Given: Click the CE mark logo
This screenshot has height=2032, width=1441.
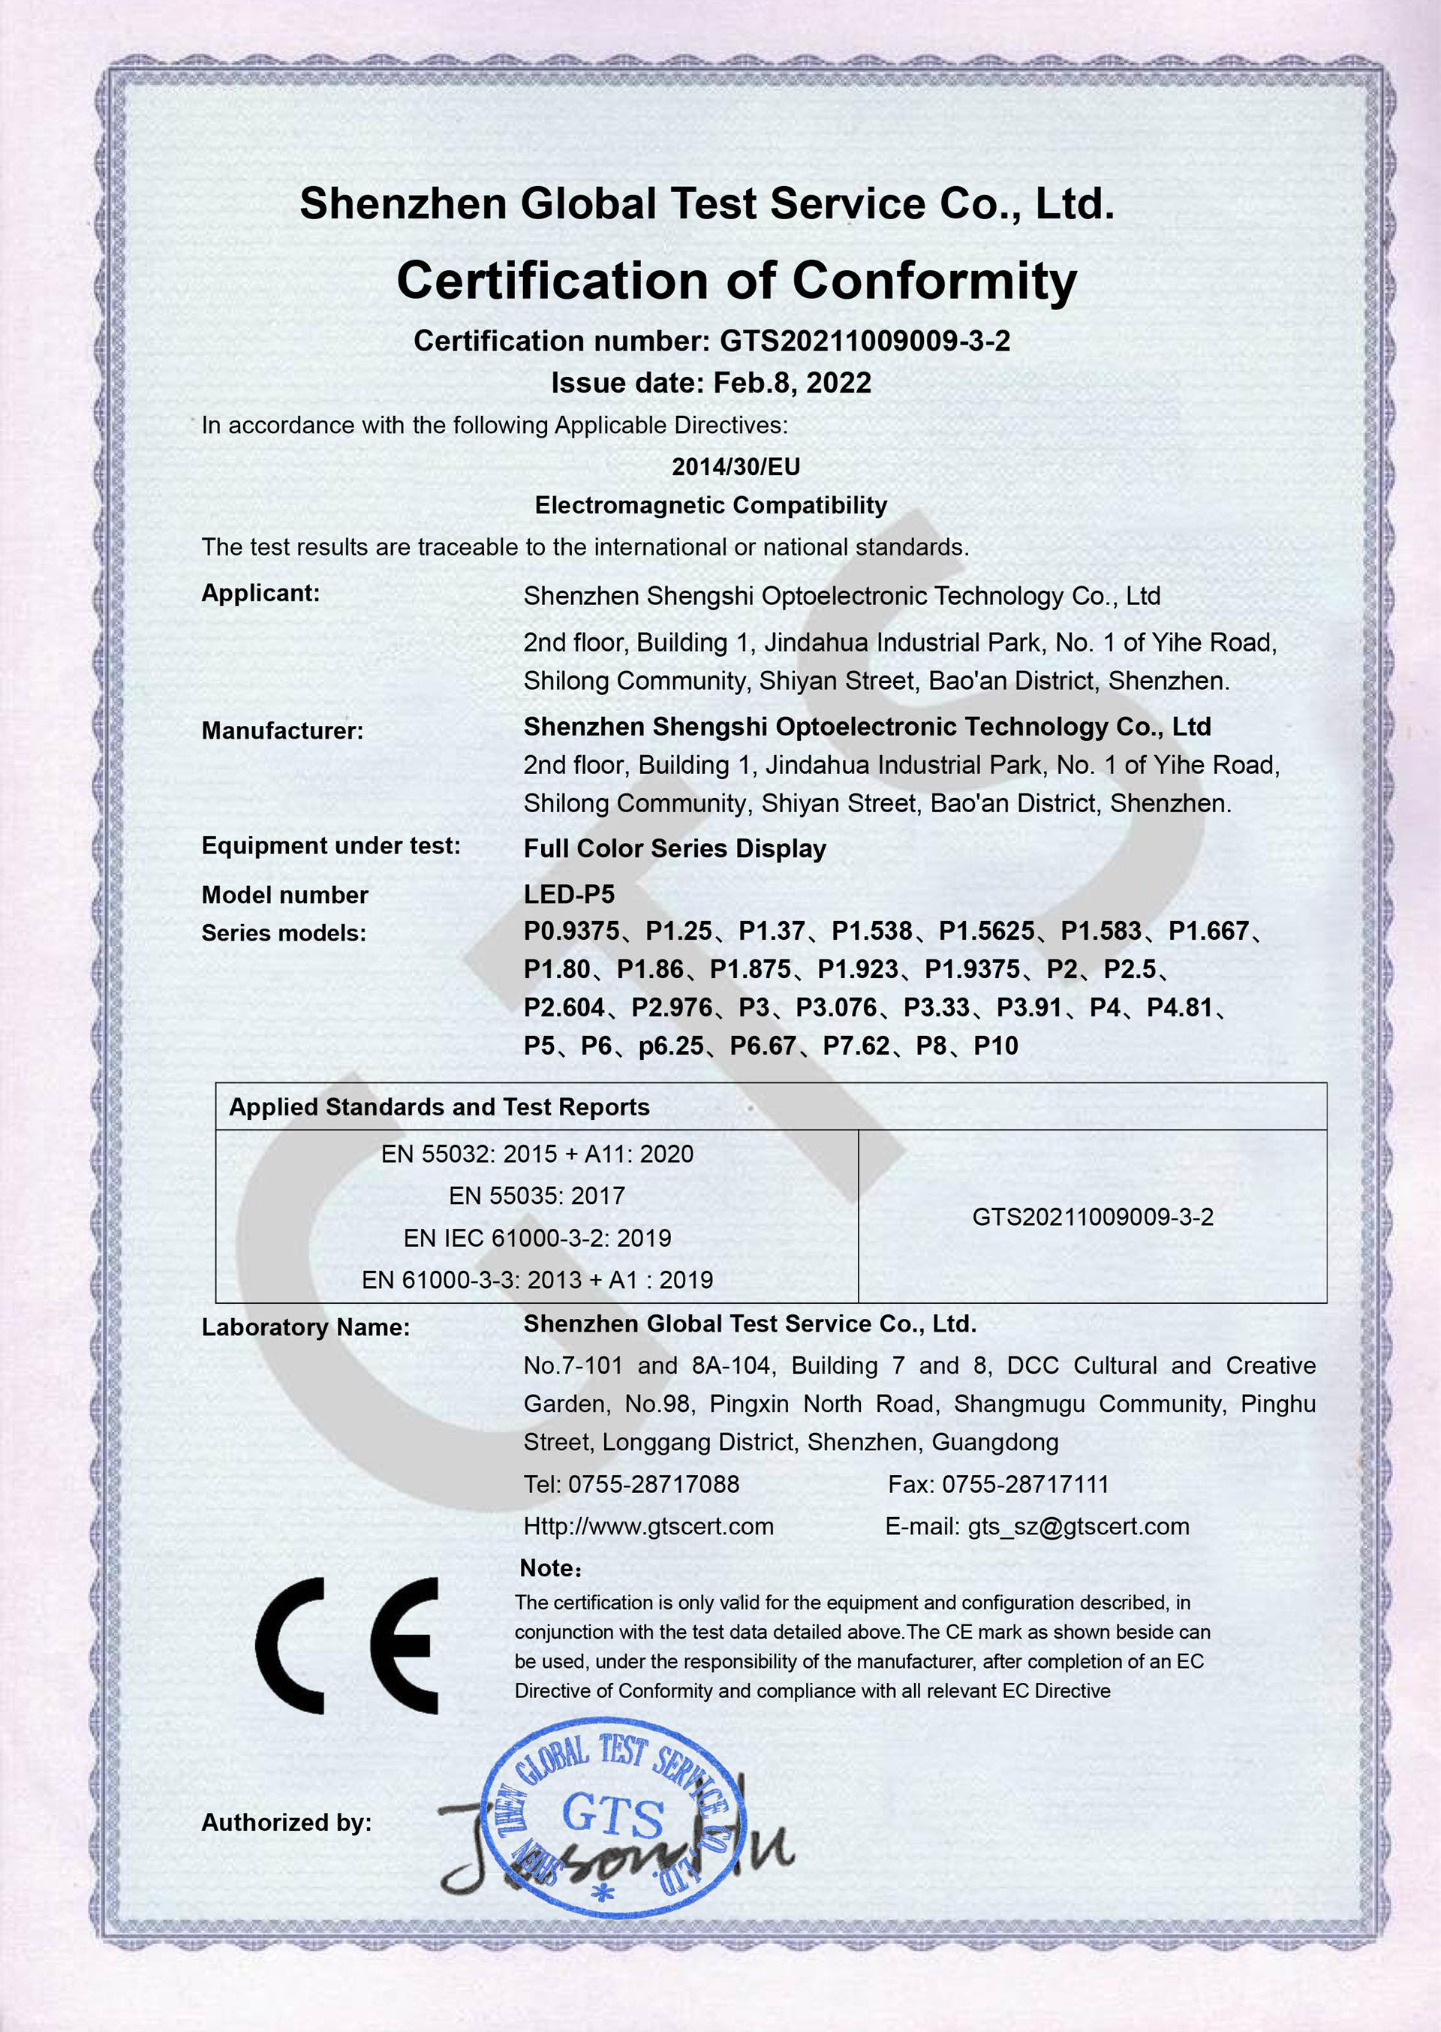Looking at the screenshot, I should pos(347,1648).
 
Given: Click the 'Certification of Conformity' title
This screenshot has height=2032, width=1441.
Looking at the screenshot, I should pos(736,281).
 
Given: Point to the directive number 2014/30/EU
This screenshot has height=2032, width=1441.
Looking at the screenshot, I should pos(736,467).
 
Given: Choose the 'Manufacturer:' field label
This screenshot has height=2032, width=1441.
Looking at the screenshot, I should pos(282,731).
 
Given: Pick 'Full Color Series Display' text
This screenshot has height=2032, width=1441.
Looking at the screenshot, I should pos(675,848).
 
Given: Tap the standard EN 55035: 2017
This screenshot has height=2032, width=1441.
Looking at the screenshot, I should pos(537,1195).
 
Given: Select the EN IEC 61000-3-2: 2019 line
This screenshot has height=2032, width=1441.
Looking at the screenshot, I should pos(537,1238).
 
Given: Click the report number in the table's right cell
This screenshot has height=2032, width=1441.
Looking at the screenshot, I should pos(1092,1217).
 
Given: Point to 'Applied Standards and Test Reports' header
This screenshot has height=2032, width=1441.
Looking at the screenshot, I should pos(438,1106).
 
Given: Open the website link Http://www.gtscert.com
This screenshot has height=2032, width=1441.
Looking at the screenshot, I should pos(648,1526).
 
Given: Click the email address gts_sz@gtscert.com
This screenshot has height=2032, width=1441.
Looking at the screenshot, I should pos(1078,1526).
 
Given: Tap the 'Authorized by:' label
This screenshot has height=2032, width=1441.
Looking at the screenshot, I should pos(286,1823).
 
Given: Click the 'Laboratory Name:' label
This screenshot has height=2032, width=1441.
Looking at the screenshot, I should pos(305,1327).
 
